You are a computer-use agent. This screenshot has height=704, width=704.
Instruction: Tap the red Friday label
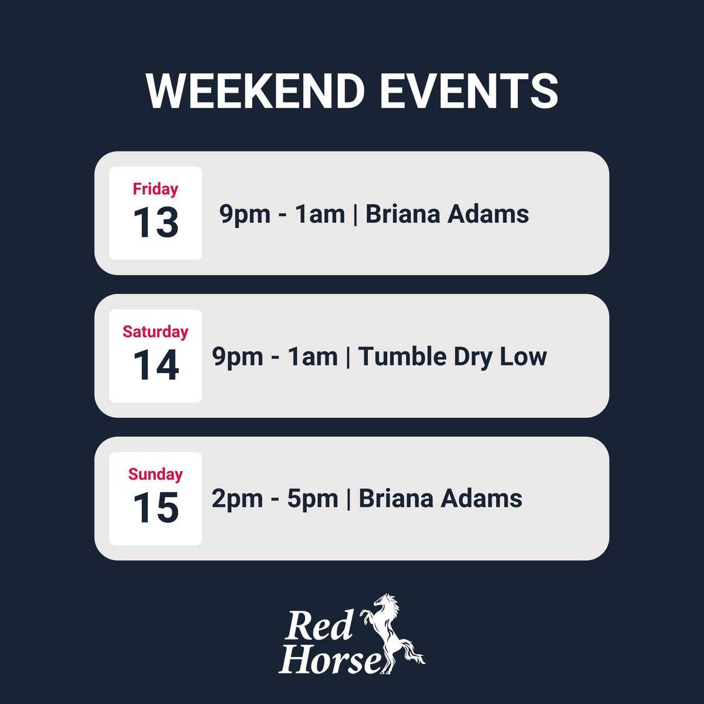point(155,189)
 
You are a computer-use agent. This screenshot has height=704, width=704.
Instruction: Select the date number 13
point(155,222)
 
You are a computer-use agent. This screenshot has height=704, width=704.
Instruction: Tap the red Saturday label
point(155,331)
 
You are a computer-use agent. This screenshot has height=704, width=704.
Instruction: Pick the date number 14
point(155,365)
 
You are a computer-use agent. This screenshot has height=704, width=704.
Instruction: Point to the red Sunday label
point(155,474)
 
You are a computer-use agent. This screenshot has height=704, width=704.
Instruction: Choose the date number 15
point(155,507)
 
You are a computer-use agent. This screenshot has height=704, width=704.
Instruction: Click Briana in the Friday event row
point(402,214)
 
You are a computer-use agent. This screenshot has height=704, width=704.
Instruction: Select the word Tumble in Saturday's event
point(394,357)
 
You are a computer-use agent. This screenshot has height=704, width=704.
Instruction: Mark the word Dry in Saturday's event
point(466,357)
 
